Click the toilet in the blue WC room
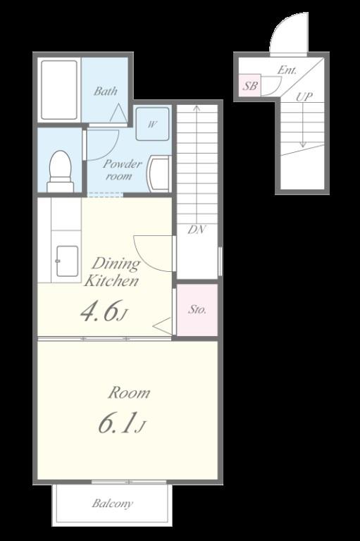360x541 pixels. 60,171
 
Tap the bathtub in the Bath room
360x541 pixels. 59,90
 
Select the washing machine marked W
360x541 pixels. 152,124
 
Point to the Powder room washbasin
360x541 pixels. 158,173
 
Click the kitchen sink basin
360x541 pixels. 67,261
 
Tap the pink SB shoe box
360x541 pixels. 250,85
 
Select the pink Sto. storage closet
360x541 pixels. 197,309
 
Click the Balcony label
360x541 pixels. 112,504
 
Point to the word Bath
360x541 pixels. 105,91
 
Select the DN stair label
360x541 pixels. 197,230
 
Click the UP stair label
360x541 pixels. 304,97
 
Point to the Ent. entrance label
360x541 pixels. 287,70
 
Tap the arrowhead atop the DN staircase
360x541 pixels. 197,108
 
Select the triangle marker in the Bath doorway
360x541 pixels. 118,113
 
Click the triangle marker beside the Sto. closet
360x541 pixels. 162,325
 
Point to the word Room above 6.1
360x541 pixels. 129,393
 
